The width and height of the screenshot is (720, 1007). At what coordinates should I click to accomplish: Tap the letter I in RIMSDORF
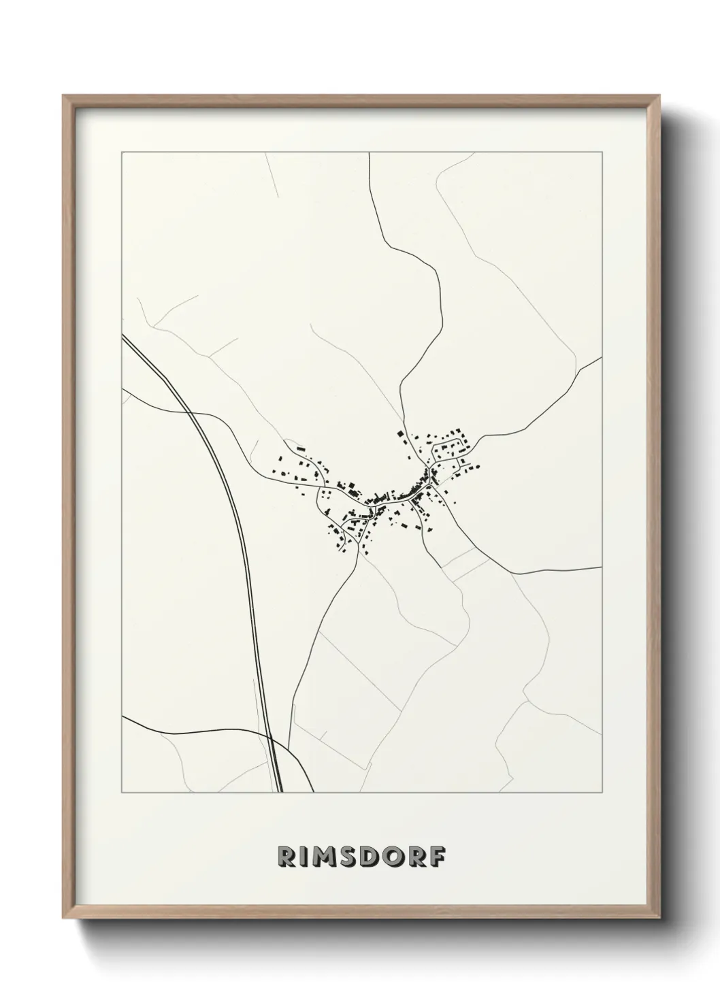click(x=306, y=857)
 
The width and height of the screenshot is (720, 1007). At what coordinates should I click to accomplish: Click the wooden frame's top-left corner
click(x=63, y=95)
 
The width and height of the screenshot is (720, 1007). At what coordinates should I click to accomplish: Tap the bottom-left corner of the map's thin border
click(x=122, y=793)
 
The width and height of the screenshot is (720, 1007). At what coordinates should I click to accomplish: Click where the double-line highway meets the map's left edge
click(x=122, y=336)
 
